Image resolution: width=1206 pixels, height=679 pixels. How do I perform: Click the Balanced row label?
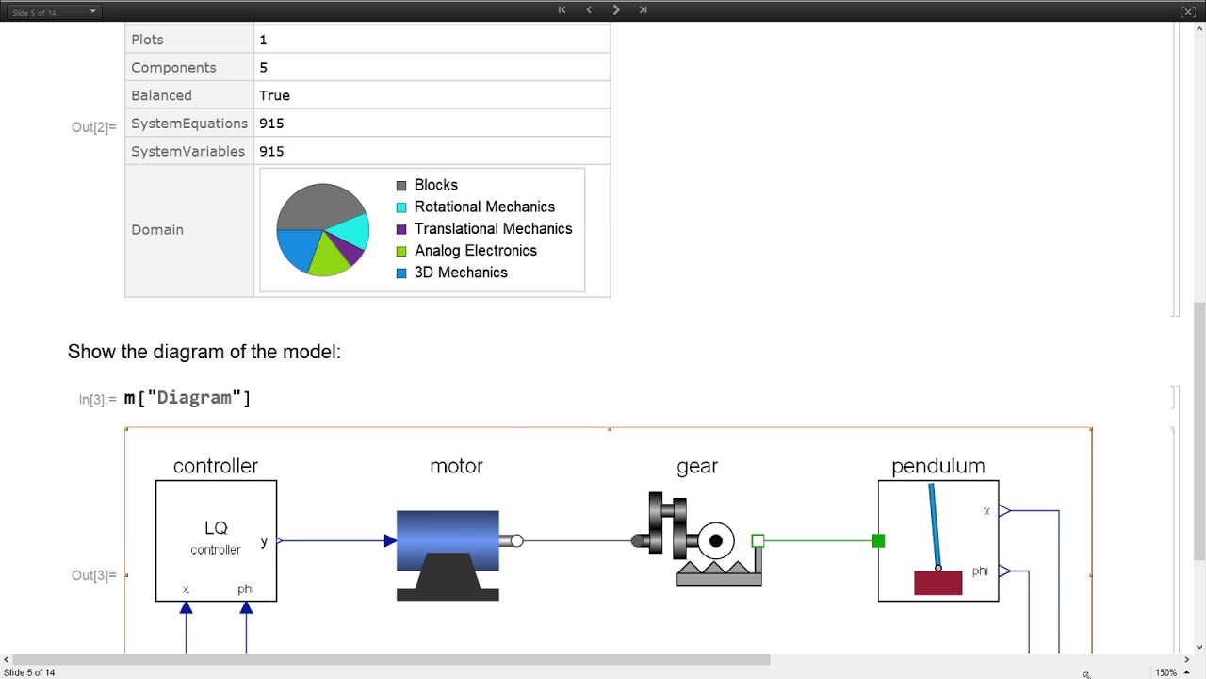click(161, 95)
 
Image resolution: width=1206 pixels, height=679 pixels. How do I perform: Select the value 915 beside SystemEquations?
click(271, 124)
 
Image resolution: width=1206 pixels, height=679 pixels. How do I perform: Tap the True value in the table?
click(274, 95)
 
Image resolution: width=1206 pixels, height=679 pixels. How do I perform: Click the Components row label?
click(173, 68)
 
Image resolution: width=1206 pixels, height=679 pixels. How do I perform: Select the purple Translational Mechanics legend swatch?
click(401, 229)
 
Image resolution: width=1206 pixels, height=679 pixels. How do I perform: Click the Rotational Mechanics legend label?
click(484, 207)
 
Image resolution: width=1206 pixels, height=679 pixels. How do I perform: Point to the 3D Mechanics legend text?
click(461, 273)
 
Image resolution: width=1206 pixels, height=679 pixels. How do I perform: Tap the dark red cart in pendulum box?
click(937, 583)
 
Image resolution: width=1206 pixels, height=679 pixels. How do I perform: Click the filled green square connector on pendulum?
click(878, 540)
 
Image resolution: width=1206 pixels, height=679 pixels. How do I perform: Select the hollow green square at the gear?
click(758, 540)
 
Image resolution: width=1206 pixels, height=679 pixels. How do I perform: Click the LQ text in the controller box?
click(216, 528)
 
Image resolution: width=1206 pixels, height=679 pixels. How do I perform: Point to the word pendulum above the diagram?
click(937, 466)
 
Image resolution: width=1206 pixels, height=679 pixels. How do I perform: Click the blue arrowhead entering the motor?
click(390, 540)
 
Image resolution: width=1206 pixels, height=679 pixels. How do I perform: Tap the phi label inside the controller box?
click(245, 588)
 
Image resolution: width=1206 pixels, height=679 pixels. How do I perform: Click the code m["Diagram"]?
click(187, 398)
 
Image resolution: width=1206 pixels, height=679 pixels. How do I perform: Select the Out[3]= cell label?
click(94, 575)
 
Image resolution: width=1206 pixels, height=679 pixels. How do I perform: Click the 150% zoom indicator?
click(1165, 672)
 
